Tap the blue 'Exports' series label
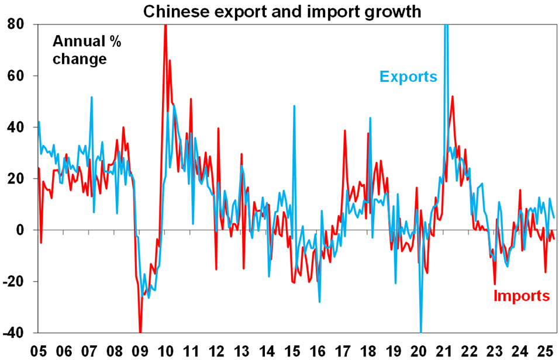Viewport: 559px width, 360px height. coord(408,77)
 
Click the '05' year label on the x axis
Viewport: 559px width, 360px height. coord(39,351)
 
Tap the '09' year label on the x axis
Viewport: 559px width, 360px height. coord(141,351)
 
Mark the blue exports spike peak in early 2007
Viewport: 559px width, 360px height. coord(92,97)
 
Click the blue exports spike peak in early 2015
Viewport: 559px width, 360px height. coord(294,106)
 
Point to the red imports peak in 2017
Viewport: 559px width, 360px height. coord(345,130)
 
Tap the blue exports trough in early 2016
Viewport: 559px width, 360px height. coord(320,302)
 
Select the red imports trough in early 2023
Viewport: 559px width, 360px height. coord(495,284)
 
